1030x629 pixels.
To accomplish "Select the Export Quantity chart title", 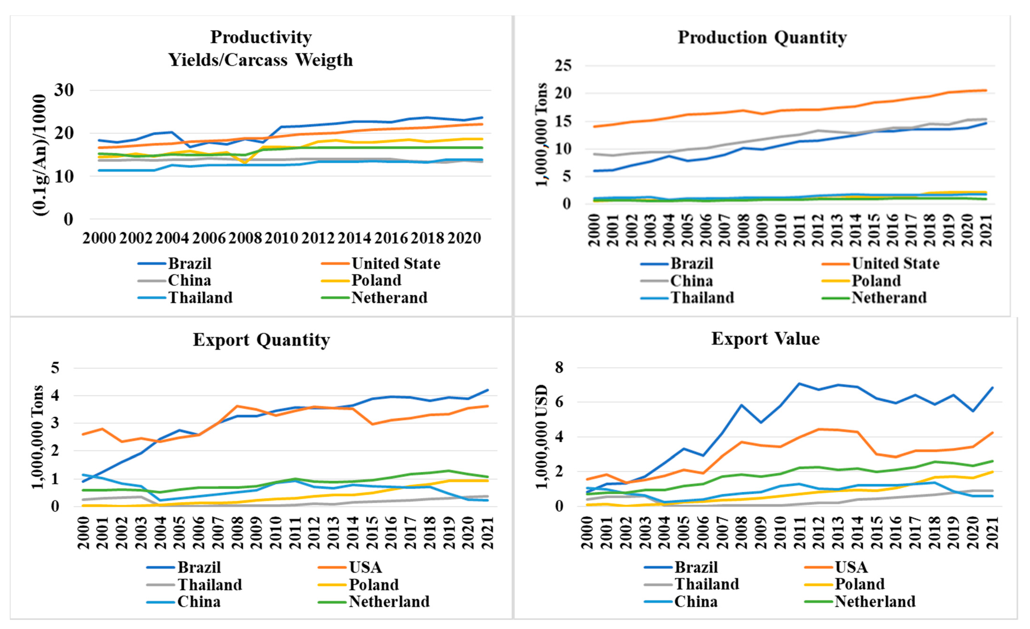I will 261,340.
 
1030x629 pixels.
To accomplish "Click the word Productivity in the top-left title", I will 261,37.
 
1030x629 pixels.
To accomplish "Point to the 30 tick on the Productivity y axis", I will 63,90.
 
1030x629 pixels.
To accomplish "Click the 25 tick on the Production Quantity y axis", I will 563,66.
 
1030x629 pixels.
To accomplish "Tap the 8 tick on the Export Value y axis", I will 559,368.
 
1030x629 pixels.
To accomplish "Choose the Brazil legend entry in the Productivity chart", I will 189,264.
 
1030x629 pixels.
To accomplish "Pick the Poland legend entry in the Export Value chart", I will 859,584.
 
